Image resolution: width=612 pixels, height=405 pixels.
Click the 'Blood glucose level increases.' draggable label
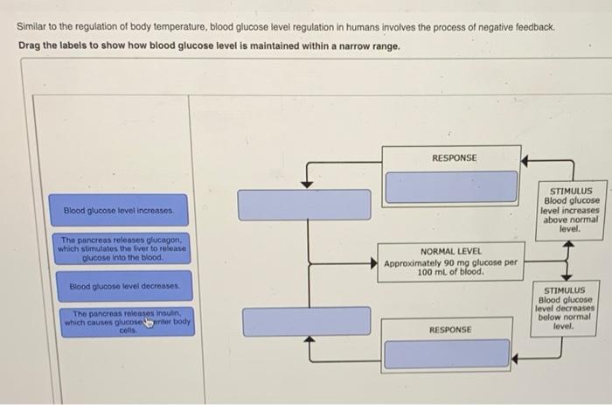[118, 210]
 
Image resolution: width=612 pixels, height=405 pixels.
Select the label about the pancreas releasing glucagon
[122, 248]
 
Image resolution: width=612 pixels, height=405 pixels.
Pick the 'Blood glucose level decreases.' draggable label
[124, 286]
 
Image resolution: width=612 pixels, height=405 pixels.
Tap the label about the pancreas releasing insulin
[128, 322]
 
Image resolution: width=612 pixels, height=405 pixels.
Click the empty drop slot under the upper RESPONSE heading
[452, 186]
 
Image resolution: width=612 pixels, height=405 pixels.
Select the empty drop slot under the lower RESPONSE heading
[447, 354]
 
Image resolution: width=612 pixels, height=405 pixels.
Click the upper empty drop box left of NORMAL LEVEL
[304, 205]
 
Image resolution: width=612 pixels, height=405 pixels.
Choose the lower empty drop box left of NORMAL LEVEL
[307, 321]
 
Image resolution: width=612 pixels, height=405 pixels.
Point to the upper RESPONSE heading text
[455, 157]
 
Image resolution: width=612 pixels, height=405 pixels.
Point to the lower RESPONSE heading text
[450, 330]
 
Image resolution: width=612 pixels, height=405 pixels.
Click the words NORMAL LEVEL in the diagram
[451, 251]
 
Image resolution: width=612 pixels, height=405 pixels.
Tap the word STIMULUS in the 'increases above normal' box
[571, 191]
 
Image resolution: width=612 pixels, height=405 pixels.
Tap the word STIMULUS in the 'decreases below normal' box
[565, 290]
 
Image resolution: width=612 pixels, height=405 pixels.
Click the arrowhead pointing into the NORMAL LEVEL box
[374, 263]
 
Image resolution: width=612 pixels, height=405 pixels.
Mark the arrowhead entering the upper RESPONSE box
[525, 161]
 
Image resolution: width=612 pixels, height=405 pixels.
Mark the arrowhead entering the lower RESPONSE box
[514, 358]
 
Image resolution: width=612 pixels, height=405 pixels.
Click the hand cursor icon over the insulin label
[149, 322]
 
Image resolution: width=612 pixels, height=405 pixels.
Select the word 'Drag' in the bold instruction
[30, 45]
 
